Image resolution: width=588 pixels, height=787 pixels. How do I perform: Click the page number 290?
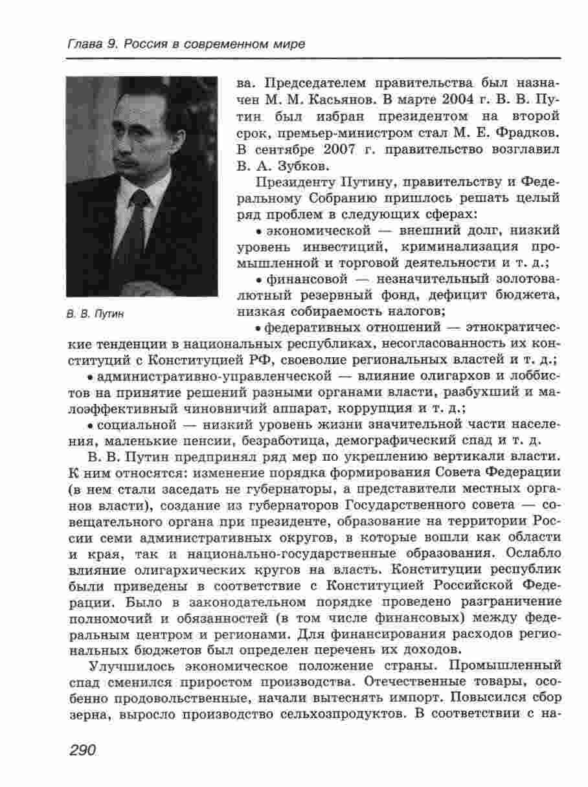point(81,750)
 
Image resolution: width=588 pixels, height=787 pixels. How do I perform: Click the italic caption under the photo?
point(95,314)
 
